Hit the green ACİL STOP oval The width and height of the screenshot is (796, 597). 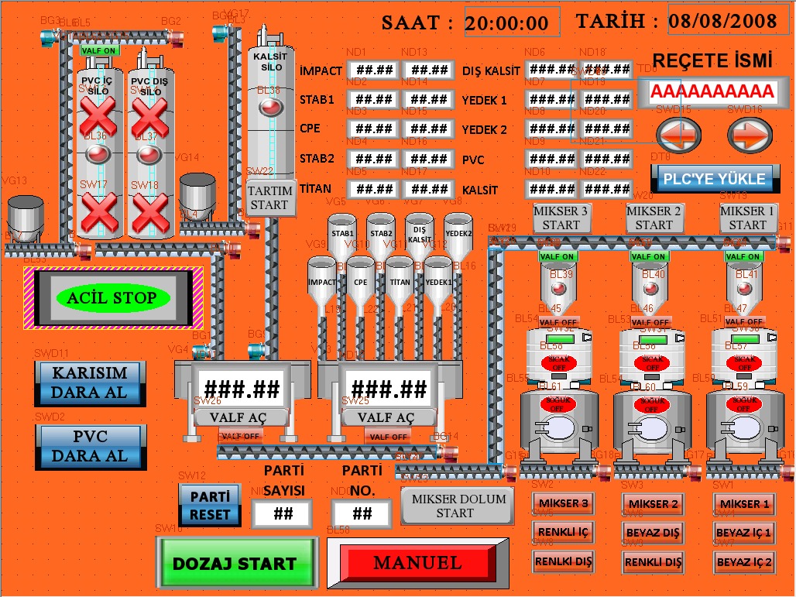[112, 297]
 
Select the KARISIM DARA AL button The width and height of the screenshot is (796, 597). [90, 382]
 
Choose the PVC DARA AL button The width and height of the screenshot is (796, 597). [90, 447]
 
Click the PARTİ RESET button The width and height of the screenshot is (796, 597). [210, 505]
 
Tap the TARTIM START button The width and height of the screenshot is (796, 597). [271, 198]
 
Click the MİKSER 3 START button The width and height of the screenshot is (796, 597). [561, 218]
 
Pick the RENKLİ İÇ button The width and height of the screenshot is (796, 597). [562, 532]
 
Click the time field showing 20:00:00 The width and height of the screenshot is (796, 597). [512, 22]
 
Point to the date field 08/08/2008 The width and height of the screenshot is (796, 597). [723, 20]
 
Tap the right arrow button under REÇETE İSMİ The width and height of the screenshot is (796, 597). [750, 136]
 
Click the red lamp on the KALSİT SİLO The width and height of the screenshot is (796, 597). [269, 107]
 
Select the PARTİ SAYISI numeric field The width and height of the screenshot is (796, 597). [282, 513]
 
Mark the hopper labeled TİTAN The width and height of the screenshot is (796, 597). [400, 283]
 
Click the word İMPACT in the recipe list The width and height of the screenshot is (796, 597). [321, 70]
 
